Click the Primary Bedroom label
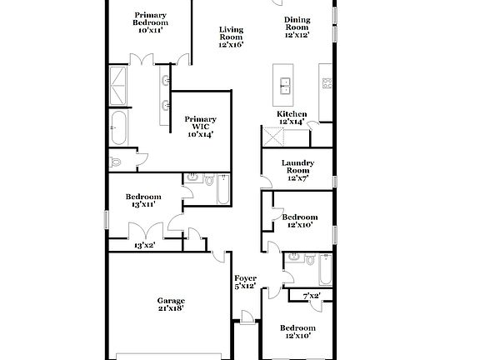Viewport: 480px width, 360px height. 150,19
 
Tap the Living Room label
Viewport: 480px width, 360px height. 231,36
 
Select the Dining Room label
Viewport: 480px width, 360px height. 297,28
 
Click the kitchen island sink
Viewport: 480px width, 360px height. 285,83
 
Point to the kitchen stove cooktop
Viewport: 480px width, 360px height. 327,82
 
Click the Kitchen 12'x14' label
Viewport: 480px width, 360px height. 292,117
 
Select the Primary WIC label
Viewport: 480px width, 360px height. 201,126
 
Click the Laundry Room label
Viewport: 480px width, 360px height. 297,169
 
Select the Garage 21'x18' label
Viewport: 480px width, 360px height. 172,303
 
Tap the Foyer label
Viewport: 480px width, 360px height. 245,282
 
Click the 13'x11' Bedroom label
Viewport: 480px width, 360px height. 143,200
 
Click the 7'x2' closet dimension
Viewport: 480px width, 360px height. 312,295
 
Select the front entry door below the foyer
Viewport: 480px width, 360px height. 247,317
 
